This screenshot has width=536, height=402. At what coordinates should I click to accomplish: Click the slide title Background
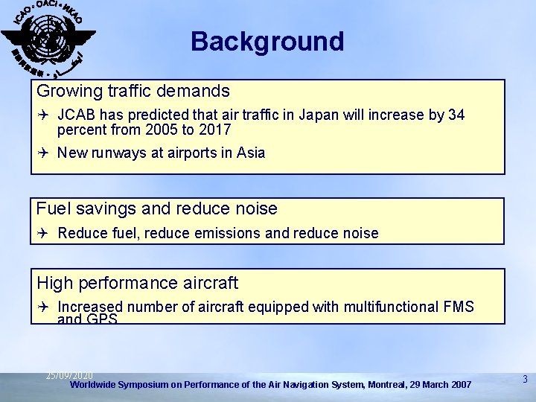[267, 41]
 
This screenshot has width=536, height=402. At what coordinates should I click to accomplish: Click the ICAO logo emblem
[47, 38]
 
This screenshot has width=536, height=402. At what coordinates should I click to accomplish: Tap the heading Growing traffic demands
[133, 92]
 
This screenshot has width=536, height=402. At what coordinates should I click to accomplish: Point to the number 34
[456, 115]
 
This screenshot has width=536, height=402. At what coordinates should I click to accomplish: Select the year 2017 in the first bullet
[215, 130]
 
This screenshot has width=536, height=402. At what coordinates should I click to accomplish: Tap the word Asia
[251, 153]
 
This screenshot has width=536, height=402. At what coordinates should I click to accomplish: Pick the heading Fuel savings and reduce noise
[156, 209]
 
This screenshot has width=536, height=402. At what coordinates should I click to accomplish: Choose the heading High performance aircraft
[138, 283]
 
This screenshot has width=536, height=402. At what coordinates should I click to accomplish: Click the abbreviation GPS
[102, 319]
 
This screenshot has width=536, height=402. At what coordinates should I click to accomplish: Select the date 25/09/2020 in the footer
[69, 375]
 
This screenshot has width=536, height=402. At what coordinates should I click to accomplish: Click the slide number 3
[525, 380]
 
